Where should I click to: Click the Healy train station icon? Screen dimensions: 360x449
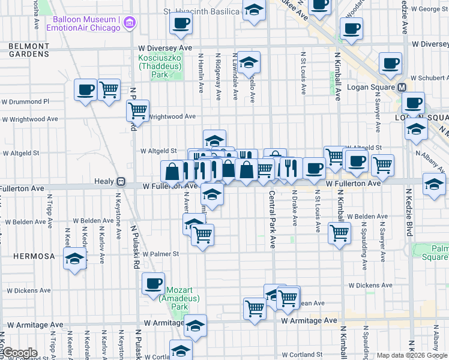pyautogui.click(x=121, y=181)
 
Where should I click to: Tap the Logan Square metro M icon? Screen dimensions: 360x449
pyautogui.click(x=402, y=87)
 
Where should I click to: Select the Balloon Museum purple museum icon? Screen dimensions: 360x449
pyautogui.click(x=128, y=23)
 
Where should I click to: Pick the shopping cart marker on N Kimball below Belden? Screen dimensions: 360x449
pyautogui.click(x=340, y=232)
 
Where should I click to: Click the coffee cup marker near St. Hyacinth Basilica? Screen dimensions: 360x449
pyautogui.click(x=181, y=24)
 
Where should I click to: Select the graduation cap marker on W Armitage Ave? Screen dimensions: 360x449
pyautogui.click(x=195, y=326)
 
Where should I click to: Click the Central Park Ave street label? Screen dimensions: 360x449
pyautogui.click(x=272, y=220)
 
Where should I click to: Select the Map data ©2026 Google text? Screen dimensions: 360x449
pyautogui.click(x=412, y=355)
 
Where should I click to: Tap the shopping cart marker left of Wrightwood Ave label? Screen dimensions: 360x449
pyautogui.click(x=138, y=110)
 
